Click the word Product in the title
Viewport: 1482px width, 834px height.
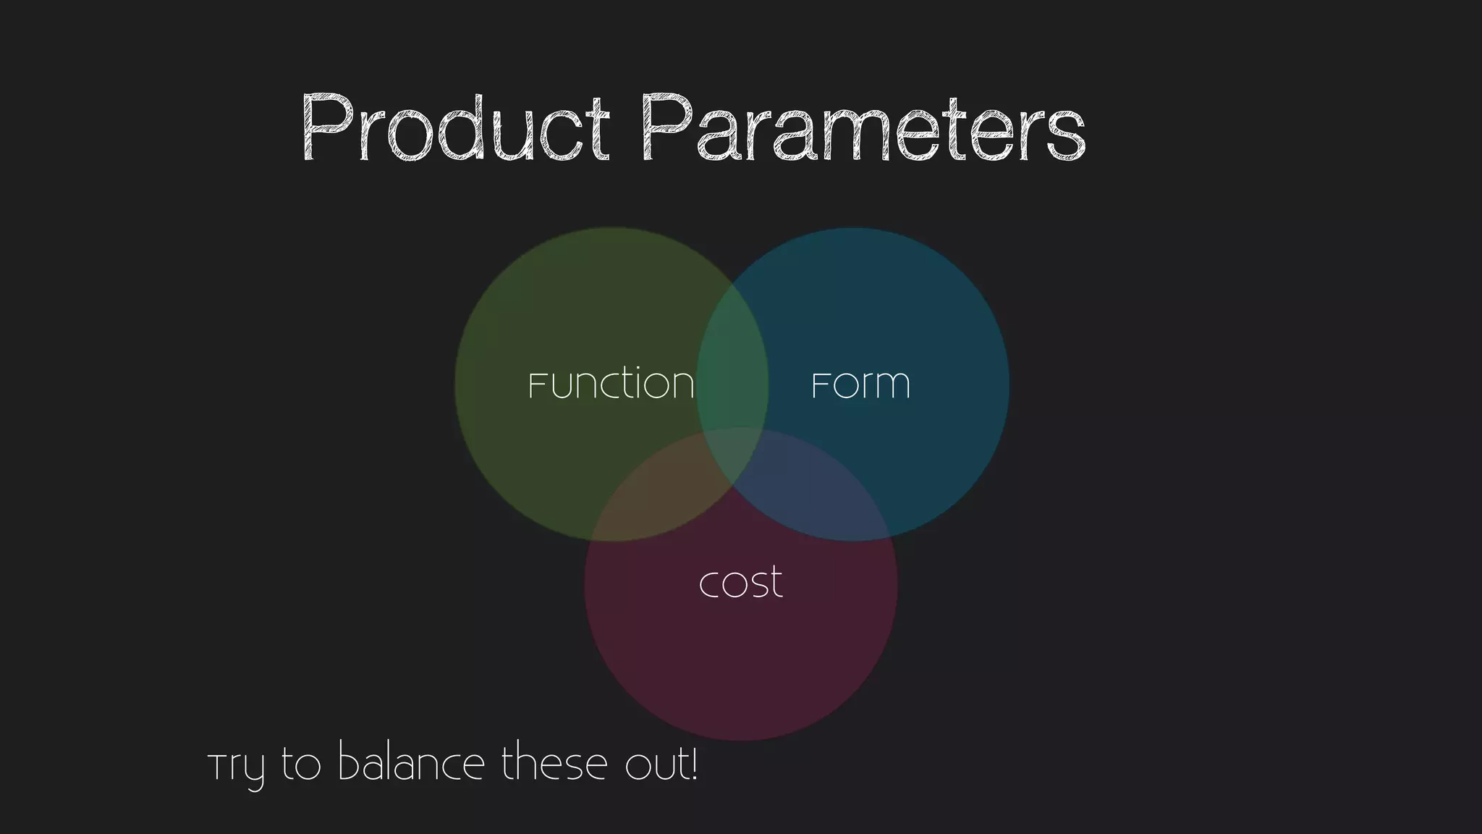[x=454, y=129]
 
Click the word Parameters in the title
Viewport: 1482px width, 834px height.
[x=863, y=129]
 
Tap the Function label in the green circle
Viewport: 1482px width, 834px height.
[x=611, y=384]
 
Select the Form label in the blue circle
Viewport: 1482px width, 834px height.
[x=860, y=384]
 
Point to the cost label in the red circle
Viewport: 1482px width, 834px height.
[x=740, y=583]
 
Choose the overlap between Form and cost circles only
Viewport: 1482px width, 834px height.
[x=818, y=500]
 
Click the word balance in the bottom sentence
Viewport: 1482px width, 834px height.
[x=411, y=764]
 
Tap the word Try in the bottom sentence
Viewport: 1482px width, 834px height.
[x=236, y=767]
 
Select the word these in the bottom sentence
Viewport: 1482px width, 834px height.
[x=554, y=764]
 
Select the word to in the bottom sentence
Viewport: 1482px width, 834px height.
[x=300, y=766]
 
